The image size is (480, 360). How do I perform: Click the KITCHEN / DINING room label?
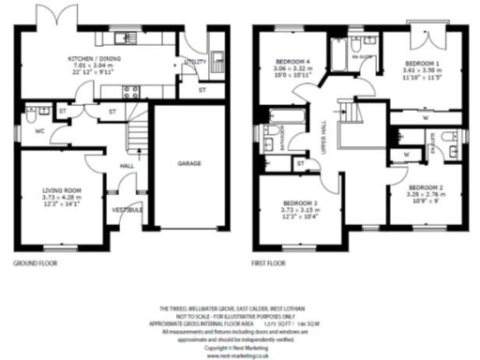95,58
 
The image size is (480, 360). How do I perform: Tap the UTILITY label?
195,62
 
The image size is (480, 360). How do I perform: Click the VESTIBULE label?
127,209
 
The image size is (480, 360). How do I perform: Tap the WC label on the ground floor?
39,130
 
